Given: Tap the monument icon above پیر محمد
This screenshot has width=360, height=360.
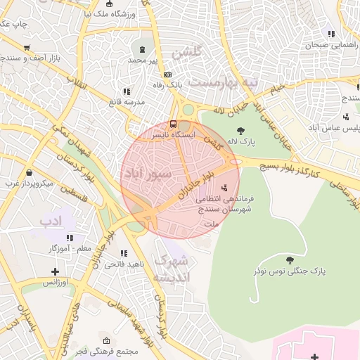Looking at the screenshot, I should [143, 50].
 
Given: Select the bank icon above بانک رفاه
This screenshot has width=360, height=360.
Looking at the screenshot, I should [167, 75].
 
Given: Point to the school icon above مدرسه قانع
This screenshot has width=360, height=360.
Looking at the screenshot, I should [127, 91].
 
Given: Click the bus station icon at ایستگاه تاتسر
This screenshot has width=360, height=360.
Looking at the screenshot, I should [174, 124].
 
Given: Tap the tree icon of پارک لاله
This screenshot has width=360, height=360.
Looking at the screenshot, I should [240, 130].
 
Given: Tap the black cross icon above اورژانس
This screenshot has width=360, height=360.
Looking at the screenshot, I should [56, 271].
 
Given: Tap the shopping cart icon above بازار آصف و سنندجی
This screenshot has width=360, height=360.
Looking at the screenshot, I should [27, 48].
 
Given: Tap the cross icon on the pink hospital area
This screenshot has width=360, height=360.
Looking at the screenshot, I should [314, 356].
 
